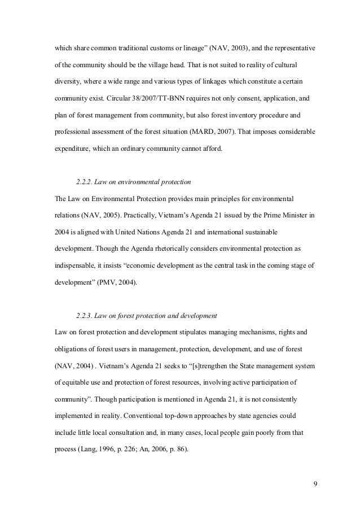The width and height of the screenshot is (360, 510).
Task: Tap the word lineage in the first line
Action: (175, 50)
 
